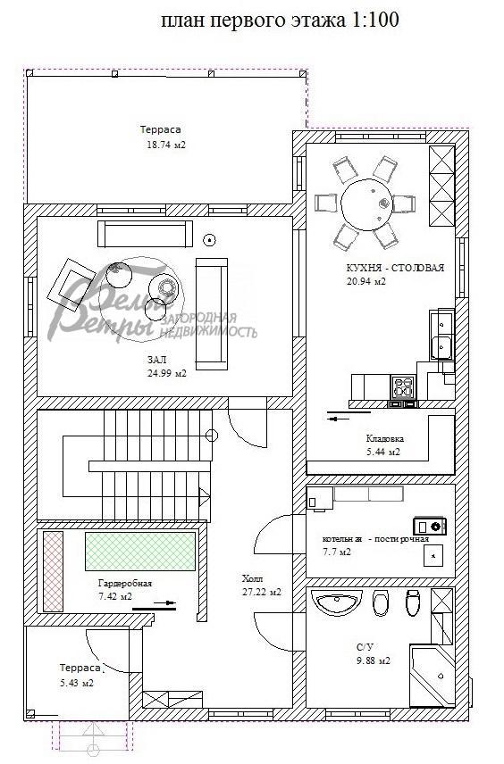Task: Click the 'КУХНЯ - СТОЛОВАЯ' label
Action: click(x=395, y=268)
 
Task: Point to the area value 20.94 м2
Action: click(x=366, y=281)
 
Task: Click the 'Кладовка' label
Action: click(x=385, y=439)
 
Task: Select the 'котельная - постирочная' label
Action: click(x=375, y=539)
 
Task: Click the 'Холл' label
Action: click(x=253, y=577)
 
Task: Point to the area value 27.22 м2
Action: click(x=261, y=591)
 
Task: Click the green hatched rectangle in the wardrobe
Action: click(x=140, y=551)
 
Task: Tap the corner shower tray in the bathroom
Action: click(x=433, y=671)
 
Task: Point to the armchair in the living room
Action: click(x=71, y=283)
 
